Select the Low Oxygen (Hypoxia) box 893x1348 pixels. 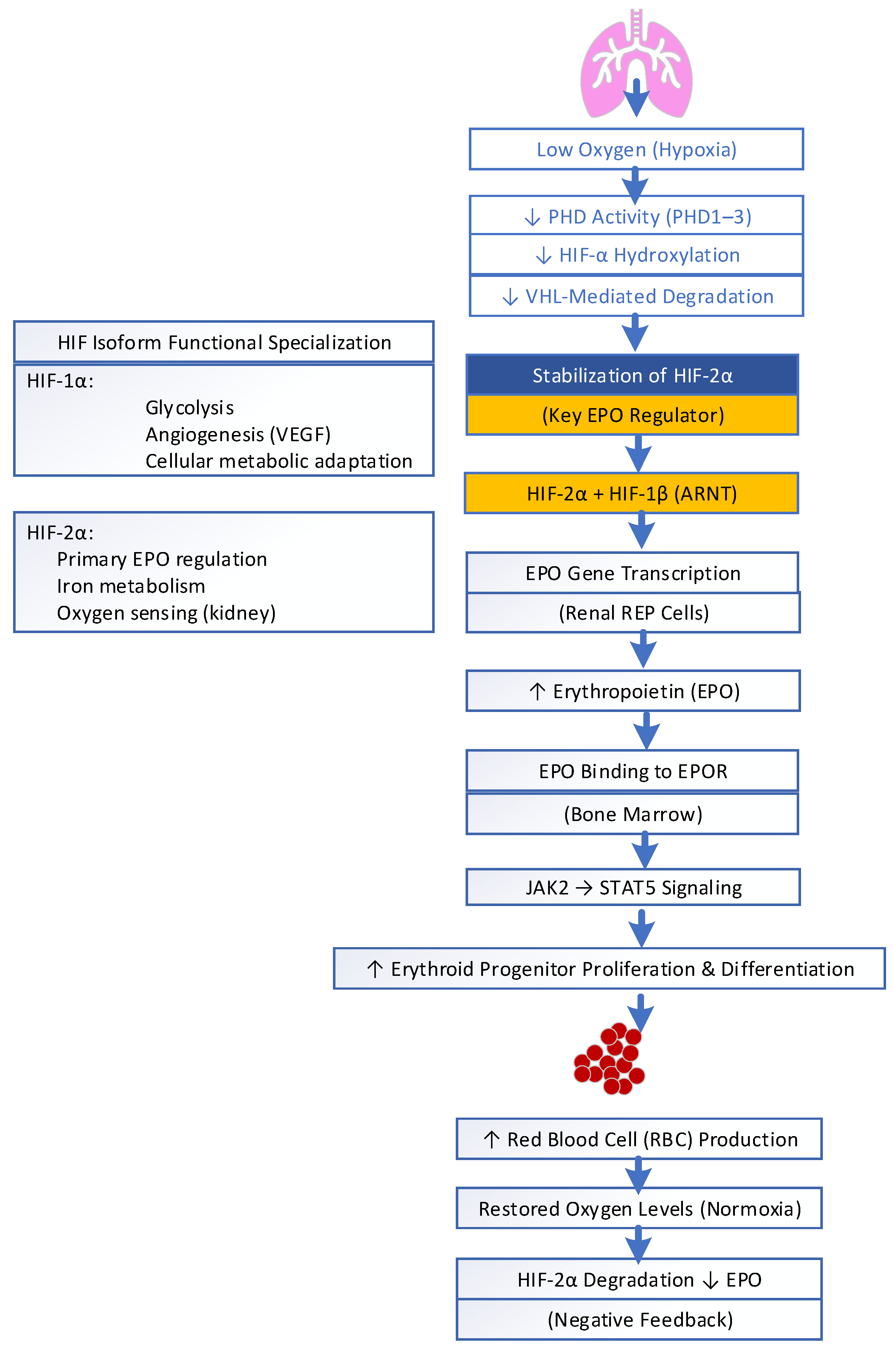[x=636, y=149]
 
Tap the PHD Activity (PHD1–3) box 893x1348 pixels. [x=636, y=216]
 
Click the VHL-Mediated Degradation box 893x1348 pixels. [x=636, y=296]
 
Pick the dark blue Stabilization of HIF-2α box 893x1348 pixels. [x=632, y=375]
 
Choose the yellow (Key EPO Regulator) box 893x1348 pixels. [x=632, y=415]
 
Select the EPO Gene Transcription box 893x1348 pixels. [x=632, y=573]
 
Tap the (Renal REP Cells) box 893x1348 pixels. [x=633, y=613]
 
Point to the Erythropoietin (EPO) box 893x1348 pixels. [x=633, y=691]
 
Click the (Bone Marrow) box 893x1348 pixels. [x=632, y=814]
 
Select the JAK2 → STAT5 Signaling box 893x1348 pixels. [x=633, y=887]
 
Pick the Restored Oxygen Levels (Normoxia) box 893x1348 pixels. [x=639, y=1208]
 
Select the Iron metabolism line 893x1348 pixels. [x=131, y=586]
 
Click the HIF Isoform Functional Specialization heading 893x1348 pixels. [x=224, y=342]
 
